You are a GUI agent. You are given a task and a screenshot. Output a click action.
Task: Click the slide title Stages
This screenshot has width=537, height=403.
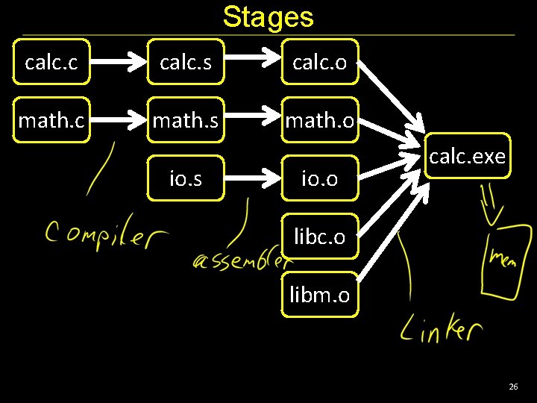268,16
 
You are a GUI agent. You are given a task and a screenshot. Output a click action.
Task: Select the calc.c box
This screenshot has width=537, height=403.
51,62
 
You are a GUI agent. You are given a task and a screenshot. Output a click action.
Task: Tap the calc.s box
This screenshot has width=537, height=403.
186,62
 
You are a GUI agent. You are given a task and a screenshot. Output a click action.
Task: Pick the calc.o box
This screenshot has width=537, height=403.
319,62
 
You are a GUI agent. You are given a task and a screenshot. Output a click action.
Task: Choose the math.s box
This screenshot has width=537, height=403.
186,119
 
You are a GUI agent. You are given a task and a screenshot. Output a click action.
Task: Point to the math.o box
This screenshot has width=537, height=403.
319,119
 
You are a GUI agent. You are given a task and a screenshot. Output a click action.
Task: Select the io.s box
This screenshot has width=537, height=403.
186,178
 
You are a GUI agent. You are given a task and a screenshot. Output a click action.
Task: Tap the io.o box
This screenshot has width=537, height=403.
319,178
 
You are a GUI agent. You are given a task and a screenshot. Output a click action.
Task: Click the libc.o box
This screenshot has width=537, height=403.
319,237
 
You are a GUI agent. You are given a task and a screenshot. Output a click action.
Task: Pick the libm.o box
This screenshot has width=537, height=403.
319,295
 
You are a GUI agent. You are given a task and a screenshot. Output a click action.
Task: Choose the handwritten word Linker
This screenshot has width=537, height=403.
441,328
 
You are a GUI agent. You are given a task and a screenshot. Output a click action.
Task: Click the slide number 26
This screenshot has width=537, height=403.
512,387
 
